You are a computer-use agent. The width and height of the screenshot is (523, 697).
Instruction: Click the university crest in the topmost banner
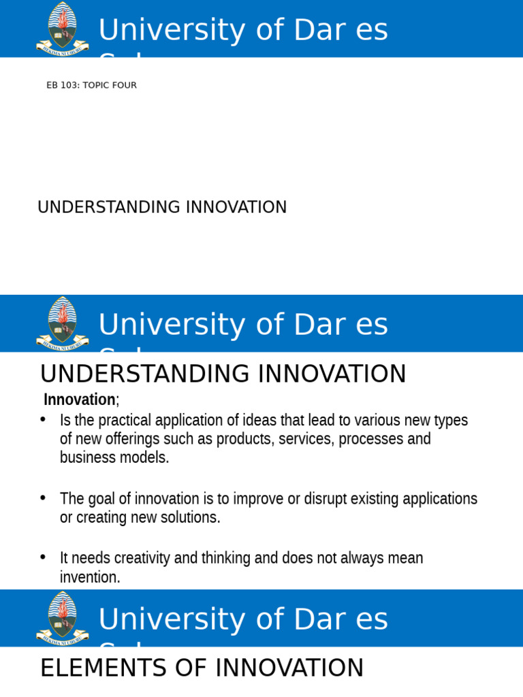click(62, 29)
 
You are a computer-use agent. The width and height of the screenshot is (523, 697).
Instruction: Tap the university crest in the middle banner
click(62, 323)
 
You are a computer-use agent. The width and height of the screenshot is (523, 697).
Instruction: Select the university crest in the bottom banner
click(62, 618)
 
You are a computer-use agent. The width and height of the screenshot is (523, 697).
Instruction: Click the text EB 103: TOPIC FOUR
click(91, 85)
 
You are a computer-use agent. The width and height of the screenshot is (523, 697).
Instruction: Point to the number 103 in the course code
click(70, 85)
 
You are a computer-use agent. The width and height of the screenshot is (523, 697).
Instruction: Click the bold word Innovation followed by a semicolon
click(80, 400)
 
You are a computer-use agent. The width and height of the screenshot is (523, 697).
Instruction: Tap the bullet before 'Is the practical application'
click(43, 419)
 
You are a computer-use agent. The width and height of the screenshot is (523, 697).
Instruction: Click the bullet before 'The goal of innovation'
click(43, 498)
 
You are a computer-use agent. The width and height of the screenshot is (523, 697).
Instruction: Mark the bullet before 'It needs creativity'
click(43, 557)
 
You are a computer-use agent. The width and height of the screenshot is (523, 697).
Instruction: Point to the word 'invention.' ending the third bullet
click(90, 577)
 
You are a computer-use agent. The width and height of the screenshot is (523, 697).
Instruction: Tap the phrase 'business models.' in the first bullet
click(114, 457)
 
